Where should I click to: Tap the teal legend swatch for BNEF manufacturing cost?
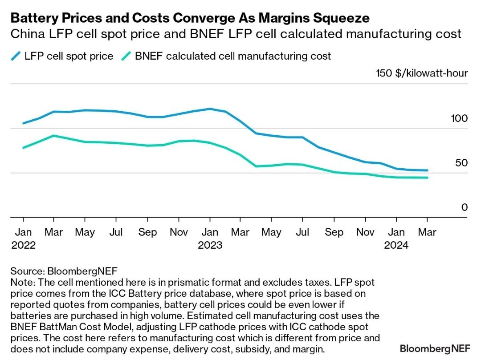point(127,56)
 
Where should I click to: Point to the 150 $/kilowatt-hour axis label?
point(422,73)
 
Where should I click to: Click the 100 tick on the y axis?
point(458,119)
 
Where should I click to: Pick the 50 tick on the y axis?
point(461,163)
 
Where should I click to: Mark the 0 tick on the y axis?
point(465,207)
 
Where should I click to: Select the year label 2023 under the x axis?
point(210,245)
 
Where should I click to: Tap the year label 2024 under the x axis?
point(397,245)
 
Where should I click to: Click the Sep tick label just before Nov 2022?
point(147,232)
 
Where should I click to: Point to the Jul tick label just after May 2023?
point(303,232)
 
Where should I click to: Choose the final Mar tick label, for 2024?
point(427,232)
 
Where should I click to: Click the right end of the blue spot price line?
point(427,170)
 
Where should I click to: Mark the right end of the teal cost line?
point(427,178)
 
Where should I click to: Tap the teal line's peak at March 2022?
point(54,135)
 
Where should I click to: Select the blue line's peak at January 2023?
point(210,109)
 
